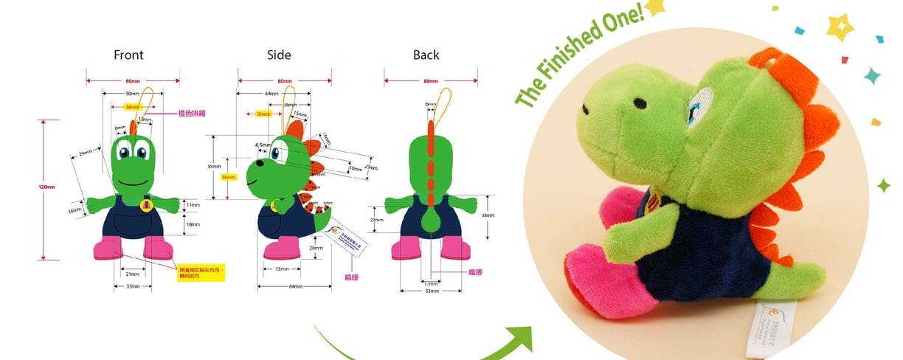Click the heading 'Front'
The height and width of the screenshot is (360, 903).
pyautogui.click(x=128, y=55)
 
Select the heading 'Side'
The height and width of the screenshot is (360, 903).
pyautogui.click(x=279, y=55)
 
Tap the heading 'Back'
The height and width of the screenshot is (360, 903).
pyautogui.click(x=426, y=55)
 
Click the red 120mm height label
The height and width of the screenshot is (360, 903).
pyautogui.click(x=46, y=187)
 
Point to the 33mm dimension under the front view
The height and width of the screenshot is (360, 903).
pyautogui.click(x=133, y=286)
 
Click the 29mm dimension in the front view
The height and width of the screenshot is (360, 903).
pyautogui.click(x=86, y=153)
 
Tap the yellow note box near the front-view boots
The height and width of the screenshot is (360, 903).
pyautogui.click(x=201, y=274)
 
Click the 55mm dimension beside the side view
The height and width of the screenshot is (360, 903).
pyautogui.click(x=214, y=167)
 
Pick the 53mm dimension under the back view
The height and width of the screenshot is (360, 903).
pyautogui.click(x=432, y=291)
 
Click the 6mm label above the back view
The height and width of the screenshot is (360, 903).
pyautogui.click(x=430, y=105)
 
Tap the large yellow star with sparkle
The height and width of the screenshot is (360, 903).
pyautogui.click(x=840, y=27)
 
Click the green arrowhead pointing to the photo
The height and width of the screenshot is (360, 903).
pyautogui.click(x=521, y=338)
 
